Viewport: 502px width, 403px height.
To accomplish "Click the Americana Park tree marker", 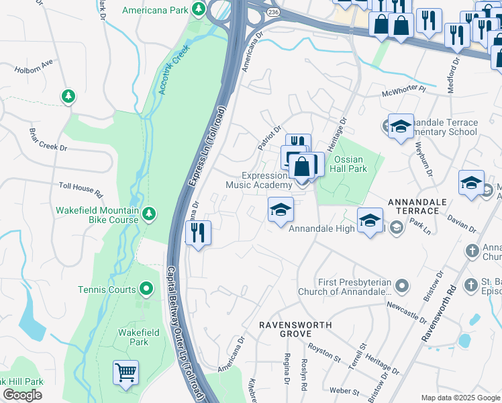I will coord(199,9).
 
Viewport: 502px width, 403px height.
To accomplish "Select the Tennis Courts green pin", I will coord(147,289).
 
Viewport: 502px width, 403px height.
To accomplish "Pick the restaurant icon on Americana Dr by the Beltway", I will coord(198,233).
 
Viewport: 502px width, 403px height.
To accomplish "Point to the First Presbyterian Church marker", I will coord(402,286).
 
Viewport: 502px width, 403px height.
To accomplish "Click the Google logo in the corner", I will coord(22,395).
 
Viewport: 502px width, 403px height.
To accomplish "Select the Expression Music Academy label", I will coord(258,180).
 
